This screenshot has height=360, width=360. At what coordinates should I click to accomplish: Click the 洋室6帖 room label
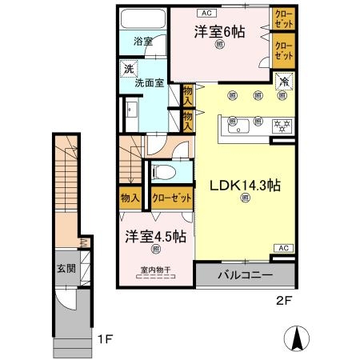point(218,32)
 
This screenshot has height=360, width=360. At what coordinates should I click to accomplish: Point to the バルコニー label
point(246,275)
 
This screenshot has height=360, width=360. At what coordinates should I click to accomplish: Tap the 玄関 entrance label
point(66,269)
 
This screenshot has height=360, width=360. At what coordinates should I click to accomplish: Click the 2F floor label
point(276,304)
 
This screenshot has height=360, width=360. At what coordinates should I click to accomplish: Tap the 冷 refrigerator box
point(283,80)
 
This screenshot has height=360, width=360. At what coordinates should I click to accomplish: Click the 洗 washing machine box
point(129,70)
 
